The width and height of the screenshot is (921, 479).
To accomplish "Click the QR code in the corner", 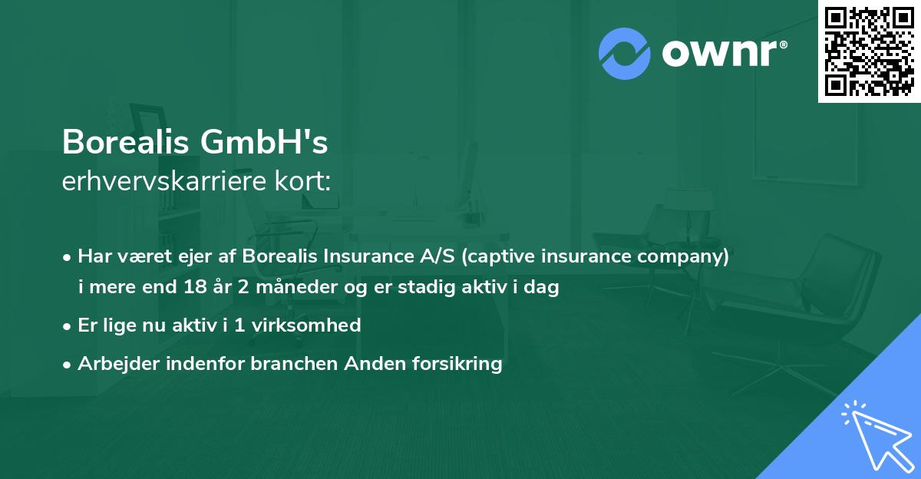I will [x=869, y=51].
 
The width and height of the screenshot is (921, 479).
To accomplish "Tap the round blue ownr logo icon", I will [x=624, y=53].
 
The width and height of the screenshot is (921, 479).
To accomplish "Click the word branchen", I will [x=293, y=363].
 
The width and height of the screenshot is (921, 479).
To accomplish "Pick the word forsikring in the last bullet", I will [x=458, y=363].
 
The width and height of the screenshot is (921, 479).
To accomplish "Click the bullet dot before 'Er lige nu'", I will [x=68, y=325].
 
